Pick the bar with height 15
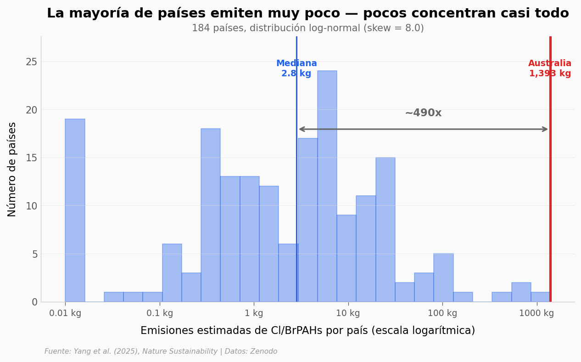385,230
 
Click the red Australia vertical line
550,184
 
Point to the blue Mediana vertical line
296,184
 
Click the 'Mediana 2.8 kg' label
296,68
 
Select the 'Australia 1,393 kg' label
550,68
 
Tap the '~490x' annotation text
423,113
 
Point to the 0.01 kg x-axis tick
65,313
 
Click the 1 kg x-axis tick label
254,313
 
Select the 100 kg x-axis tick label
442,313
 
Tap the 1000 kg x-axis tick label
536,313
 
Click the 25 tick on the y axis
32,62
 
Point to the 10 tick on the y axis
32,206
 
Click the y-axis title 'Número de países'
12,169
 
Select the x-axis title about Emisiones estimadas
307,331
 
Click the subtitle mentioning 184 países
307,28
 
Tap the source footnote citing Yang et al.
161,351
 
